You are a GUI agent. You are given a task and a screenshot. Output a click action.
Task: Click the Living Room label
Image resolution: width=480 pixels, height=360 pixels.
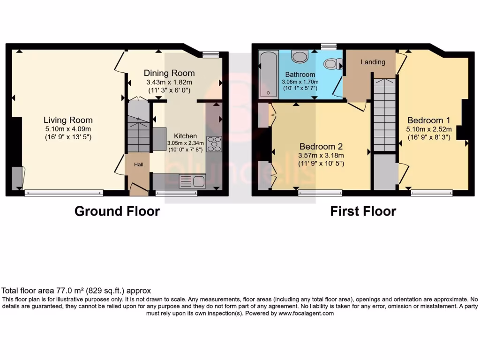pyautogui.click(x=68, y=120)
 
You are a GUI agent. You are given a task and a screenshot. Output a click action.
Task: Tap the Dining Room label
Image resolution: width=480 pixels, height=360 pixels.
pyautogui.click(x=169, y=73)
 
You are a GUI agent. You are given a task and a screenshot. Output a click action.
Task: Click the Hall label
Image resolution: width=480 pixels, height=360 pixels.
pyautogui.click(x=139, y=165)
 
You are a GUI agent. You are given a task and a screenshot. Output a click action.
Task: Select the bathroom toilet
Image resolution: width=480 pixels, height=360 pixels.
pyautogui.click(x=334, y=64)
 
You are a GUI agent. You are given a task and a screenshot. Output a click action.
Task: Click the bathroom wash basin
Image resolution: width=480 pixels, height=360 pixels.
pyautogui.click(x=300, y=56)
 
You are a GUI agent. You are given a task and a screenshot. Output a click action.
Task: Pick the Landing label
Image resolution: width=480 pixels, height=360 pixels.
pyautogui.click(x=373, y=62)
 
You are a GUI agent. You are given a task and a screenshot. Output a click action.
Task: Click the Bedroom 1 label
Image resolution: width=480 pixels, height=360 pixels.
pyautogui.click(x=429, y=119)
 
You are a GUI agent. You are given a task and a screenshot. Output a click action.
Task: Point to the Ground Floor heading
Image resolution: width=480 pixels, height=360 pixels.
pyautogui.click(x=117, y=211)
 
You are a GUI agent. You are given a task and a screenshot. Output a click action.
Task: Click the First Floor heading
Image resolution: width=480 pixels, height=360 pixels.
pyautogui.click(x=363, y=211)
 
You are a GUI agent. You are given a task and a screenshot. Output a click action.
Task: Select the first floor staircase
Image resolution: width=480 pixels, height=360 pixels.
pyautogui.click(x=385, y=115)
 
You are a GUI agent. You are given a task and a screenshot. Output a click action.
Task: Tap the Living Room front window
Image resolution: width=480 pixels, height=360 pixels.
pyautogui.click(x=64, y=192)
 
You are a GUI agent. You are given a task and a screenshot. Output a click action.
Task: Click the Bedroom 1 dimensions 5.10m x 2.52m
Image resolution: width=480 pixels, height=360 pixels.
pyautogui.click(x=429, y=129)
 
